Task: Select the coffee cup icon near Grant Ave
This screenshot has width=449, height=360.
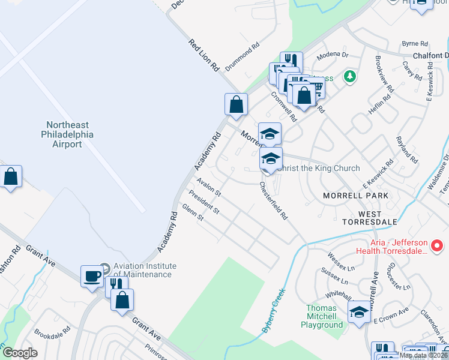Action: [x=92, y=277]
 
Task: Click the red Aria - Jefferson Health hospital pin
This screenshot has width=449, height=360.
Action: [x=438, y=246]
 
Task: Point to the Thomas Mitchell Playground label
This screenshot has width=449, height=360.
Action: [x=322, y=316]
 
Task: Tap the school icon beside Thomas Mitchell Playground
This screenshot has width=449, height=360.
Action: [x=359, y=312]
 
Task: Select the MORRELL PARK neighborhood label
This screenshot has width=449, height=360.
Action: [x=355, y=196]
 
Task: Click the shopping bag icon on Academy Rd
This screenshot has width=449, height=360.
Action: [x=237, y=104]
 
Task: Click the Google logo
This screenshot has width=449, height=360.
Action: [x=20, y=353]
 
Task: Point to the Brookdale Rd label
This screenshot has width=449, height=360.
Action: [x=52, y=331]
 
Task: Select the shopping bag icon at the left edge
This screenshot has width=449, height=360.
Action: [x=11, y=177]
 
